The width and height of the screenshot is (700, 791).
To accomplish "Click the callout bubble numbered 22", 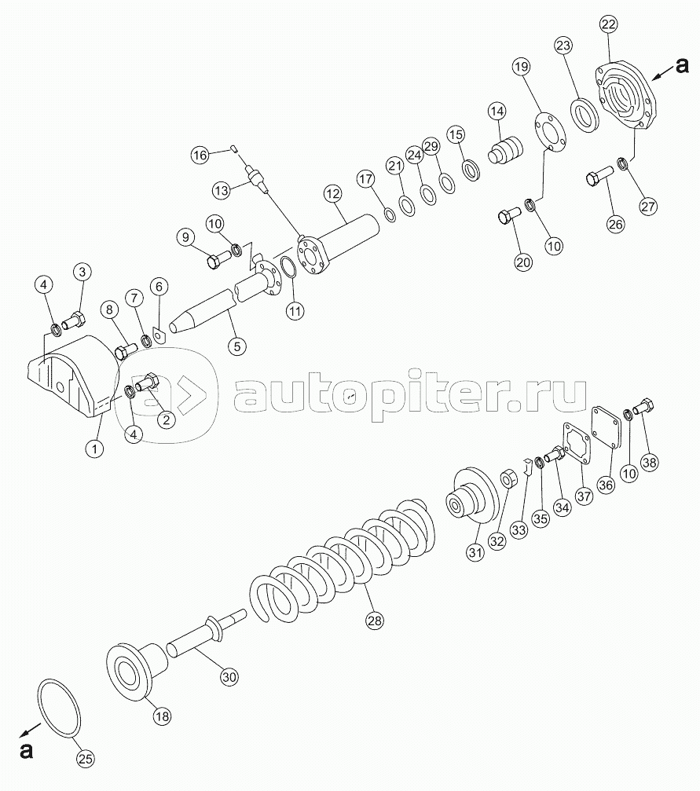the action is [608, 24].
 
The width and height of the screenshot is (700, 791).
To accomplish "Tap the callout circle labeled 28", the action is [375, 620].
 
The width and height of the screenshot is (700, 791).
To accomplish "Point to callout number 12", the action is [333, 193].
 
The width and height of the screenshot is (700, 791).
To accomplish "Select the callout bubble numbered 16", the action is [200, 155].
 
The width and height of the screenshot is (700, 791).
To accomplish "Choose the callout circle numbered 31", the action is [475, 552].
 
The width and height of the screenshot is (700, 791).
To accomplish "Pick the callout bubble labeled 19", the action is [522, 66].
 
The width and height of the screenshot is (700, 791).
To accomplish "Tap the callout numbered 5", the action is [236, 346].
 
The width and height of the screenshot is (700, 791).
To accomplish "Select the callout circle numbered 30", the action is [229, 677].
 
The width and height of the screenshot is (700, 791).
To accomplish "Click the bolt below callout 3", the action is [74, 320].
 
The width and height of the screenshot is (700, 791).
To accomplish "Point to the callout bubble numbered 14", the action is [497, 111].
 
